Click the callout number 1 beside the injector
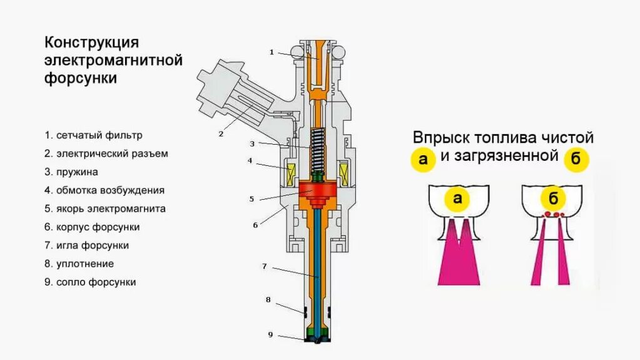tap(272, 52)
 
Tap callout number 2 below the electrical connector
tap(221, 133)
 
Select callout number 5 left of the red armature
tap(251, 199)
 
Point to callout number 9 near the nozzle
tap(270, 335)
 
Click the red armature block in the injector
tap(318, 190)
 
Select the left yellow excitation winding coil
tap(290, 173)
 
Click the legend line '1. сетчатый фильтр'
tap(93, 135)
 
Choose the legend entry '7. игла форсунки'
tap(86, 245)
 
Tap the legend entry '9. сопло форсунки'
tap(90, 282)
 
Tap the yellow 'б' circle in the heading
tap(576, 159)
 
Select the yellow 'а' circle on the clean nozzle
tap(457, 199)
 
